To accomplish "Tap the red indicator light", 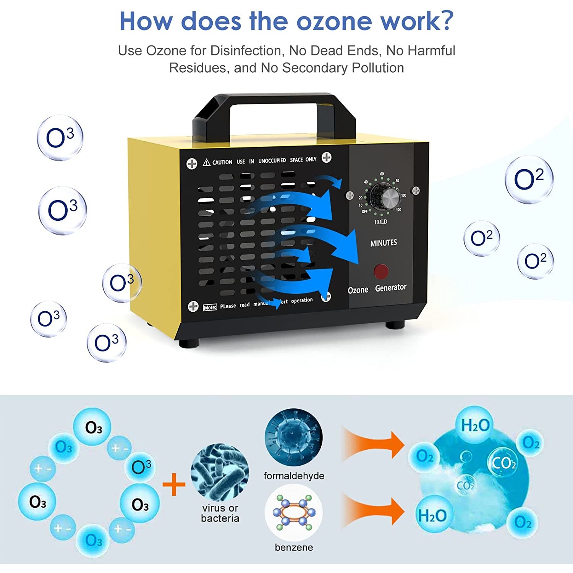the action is point(381,271).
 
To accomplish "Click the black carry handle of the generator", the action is point(274,100).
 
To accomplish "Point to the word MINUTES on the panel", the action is point(384,243).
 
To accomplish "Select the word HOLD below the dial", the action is point(380,222).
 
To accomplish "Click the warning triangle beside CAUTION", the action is point(206,162).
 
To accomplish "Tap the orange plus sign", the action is point(174,484).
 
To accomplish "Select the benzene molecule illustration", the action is point(293,512).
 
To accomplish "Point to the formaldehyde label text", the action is point(294,476).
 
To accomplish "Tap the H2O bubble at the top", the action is point(475,425).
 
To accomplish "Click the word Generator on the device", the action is point(390,288).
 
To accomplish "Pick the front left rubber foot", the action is point(189,343).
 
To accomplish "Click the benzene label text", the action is point(294,547).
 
